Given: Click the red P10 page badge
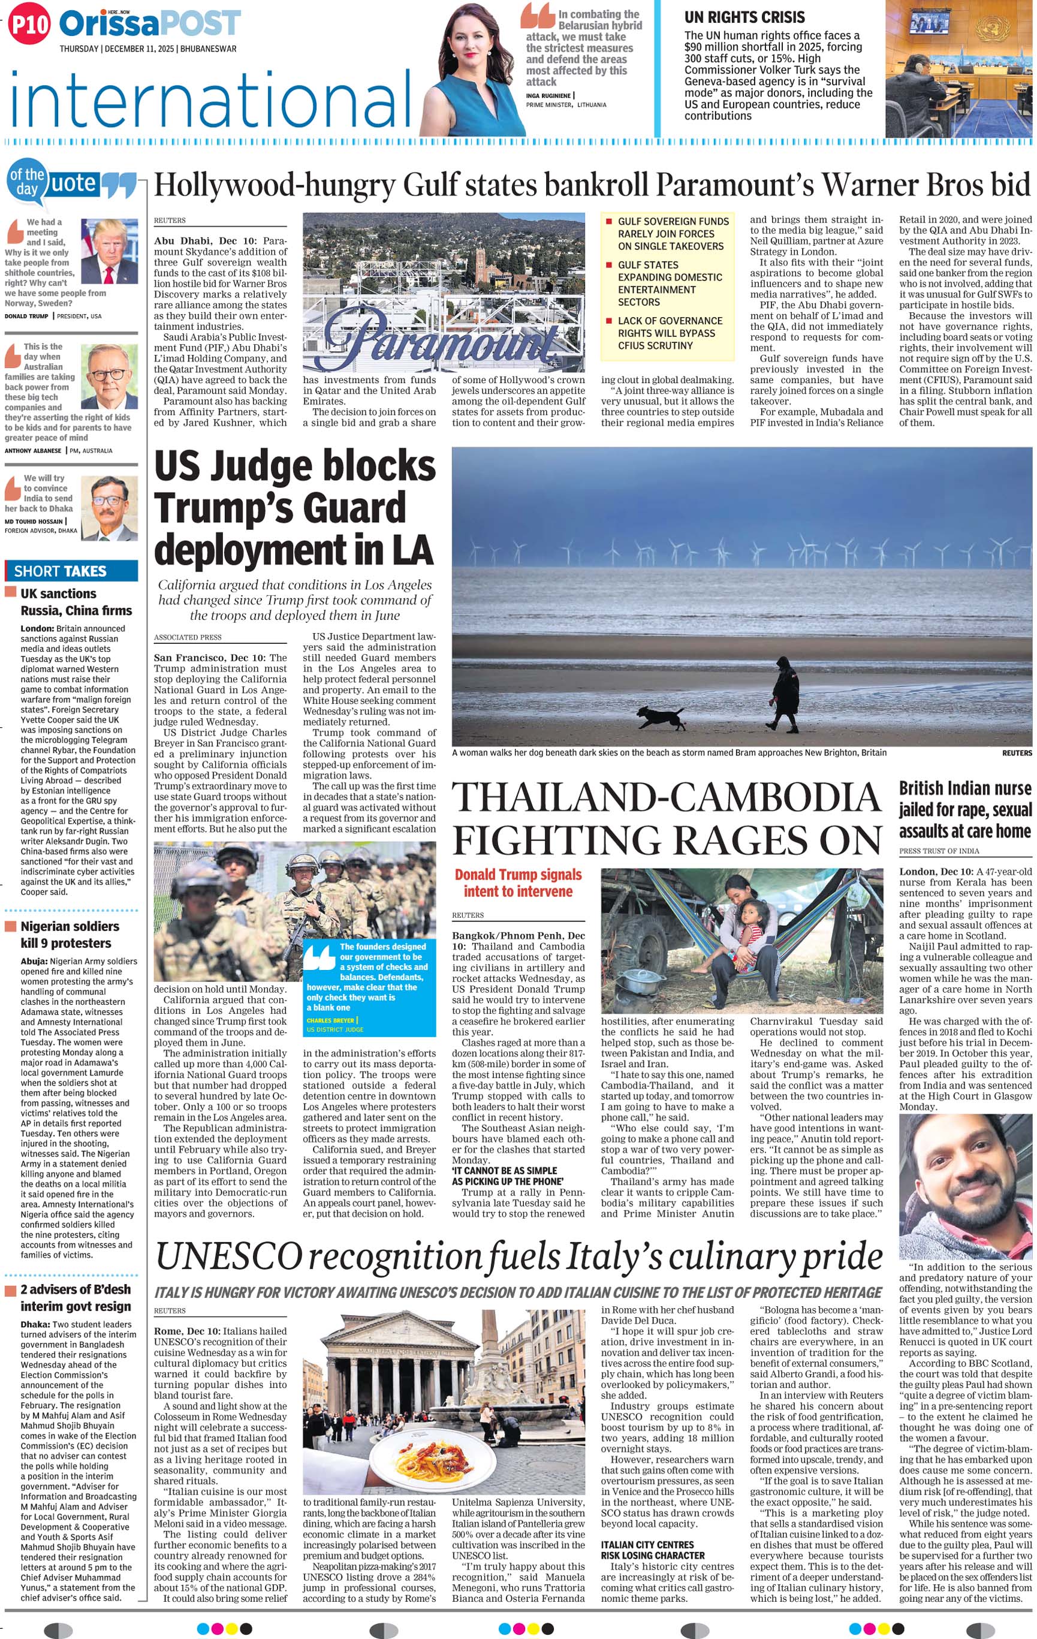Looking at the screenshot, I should click(29, 25).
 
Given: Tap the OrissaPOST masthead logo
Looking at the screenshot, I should click(150, 24).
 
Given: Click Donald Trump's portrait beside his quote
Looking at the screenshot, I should click(109, 251).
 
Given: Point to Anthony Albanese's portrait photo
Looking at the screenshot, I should click(109, 376).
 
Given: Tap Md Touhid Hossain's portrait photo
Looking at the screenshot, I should click(109, 508).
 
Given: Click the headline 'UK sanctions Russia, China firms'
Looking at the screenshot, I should click(76, 602).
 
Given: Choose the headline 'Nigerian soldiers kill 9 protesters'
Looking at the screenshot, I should click(70, 935).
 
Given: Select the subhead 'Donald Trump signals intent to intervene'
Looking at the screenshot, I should click(518, 883).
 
